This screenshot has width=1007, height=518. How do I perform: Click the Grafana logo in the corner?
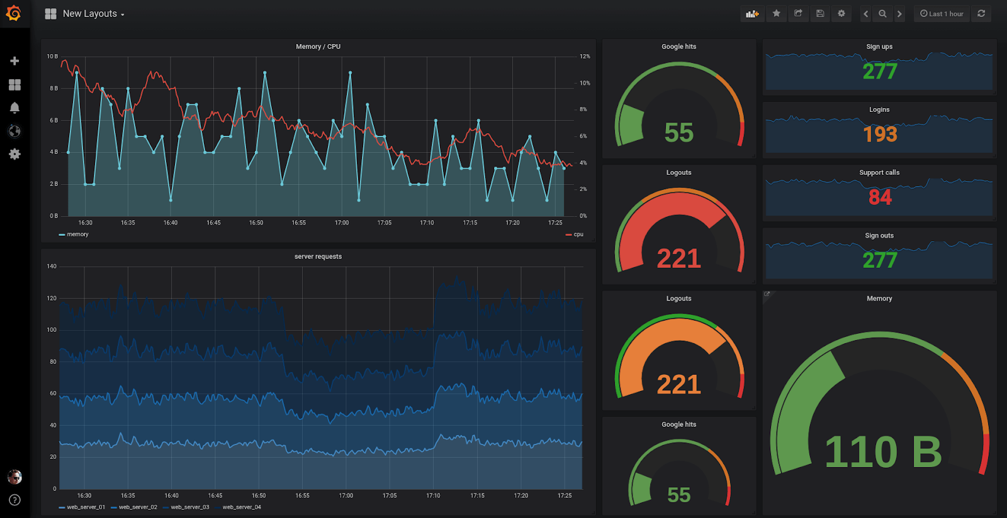[14, 13]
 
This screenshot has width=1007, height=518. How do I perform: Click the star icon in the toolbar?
[777, 13]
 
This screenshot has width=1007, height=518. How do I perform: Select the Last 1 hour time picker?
[942, 14]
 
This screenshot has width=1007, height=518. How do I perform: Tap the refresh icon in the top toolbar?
[981, 13]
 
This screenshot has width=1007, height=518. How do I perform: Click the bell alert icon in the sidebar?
[14, 107]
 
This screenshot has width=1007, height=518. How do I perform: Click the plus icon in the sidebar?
[14, 61]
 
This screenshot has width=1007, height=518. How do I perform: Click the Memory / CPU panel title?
[318, 47]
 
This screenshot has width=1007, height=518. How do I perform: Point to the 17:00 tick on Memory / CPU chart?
[342, 223]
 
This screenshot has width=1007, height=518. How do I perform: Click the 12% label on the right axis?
[585, 57]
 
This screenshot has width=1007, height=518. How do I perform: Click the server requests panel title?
[318, 256]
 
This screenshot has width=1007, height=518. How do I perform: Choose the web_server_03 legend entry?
[189, 507]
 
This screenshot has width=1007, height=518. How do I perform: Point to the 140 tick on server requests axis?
[52, 267]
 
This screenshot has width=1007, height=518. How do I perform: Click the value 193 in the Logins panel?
[880, 134]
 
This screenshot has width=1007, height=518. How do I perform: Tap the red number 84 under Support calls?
[880, 197]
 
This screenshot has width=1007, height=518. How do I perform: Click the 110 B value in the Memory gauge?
[883, 452]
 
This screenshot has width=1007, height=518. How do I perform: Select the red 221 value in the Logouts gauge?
[678, 258]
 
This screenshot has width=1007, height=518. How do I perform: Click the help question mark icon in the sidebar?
[14, 500]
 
